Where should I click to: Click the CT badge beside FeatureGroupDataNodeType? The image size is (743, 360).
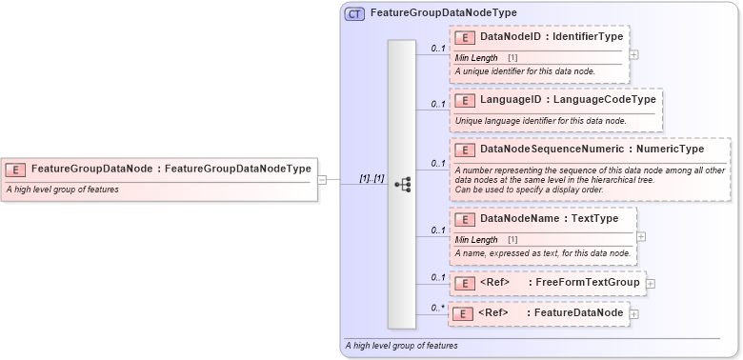(354, 13)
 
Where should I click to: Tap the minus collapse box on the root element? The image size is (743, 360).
(322, 178)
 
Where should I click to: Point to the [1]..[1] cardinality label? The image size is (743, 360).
(371, 178)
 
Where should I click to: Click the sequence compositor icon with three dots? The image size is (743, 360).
(402, 185)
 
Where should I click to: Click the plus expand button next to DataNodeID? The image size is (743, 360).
(634, 54)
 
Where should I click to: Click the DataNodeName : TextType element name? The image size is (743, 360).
(549, 218)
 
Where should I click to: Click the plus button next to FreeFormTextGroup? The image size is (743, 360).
(651, 282)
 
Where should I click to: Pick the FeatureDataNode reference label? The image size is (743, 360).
(576, 312)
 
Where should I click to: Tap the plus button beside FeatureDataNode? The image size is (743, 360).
(634, 313)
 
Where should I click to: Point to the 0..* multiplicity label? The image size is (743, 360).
(437, 307)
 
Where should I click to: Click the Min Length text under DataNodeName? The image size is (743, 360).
(476, 240)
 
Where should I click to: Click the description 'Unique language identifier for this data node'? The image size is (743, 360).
(540, 121)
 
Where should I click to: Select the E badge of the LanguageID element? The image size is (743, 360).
(466, 100)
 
